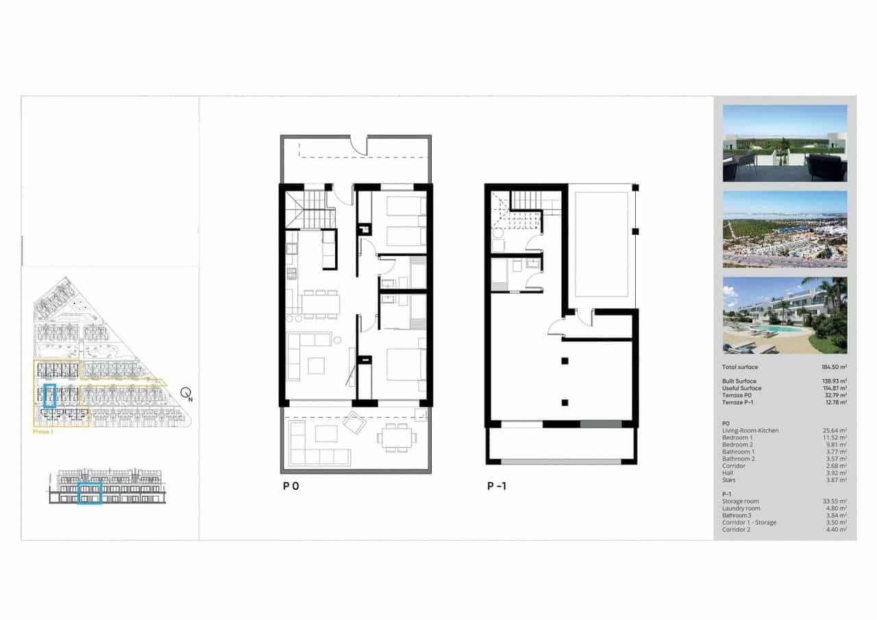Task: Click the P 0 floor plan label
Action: pyautogui.click(x=291, y=486)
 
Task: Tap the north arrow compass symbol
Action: pyautogui.click(x=186, y=393)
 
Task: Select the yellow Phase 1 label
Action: pyautogui.click(x=44, y=432)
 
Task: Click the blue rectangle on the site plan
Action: pyautogui.click(x=49, y=396)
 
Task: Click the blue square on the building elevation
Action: pyautogui.click(x=90, y=493)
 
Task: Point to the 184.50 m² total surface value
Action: pyautogui.click(x=833, y=367)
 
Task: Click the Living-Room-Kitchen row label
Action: pyautogui.click(x=750, y=431)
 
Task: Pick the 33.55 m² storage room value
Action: pyautogui.click(x=834, y=501)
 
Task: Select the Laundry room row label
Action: pyautogui.click(x=741, y=508)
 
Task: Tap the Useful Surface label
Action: pyautogui.click(x=741, y=388)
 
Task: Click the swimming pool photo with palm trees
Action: pyautogui.click(x=785, y=315)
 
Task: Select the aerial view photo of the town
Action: pyautogui.click(x=785, y=229)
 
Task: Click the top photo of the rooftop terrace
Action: pyautogui.click(x=785, y=143)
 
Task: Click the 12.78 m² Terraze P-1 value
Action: pyautogui.click(x=834, y=403)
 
